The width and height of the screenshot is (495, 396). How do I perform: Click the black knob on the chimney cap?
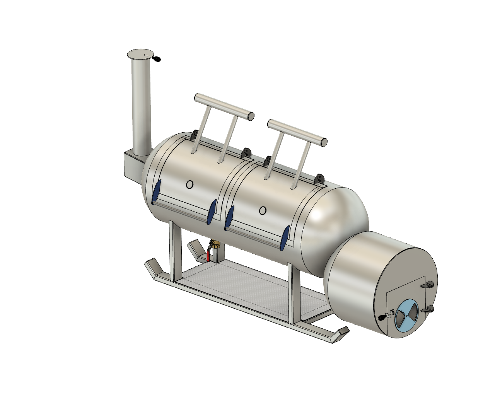pyautogui.click(x=157, y=59)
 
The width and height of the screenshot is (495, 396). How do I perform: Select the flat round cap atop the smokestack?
pyautogui.click(x=140, y=53)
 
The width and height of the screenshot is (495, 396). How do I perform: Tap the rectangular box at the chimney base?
pyautogui.click(x=132, y=166)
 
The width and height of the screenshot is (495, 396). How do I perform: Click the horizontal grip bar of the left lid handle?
pyautogui.click(x=224, y=105)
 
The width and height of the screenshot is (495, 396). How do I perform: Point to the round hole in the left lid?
pyautogui.click(x=189, y=185)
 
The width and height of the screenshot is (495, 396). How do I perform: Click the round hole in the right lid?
pyautogui.click(x=263, y=210)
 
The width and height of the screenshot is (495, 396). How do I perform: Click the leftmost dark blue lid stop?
pyautogui.click(x=156, y=192)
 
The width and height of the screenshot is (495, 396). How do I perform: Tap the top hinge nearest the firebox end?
pyautogui.click(x=319, y=179)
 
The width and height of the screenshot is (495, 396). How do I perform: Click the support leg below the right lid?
pyautogui.click(x=294, y=294)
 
